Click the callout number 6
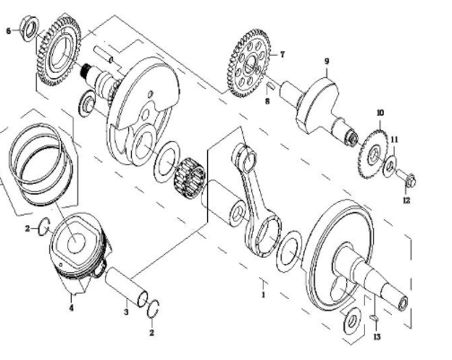(x=8, y=31)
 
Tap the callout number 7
(x=282, y=55)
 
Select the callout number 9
(x=326, y=61)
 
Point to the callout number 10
(x=380, y=113)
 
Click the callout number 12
(x=406, y=200)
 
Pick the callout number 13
(x=377, y=337)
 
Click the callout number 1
(x=264, y=294)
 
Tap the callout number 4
(x=71, y=307)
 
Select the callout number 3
(x=126, y=312)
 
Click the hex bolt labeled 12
(x=406, y=178)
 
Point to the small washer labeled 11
(x=390, y=164)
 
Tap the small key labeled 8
(x=270, y=85)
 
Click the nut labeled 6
(x=30, y=29)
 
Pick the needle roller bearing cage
(x=189, y=178)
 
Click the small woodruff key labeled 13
(x=374, y=318)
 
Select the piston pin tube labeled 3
(x=126, y=286)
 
